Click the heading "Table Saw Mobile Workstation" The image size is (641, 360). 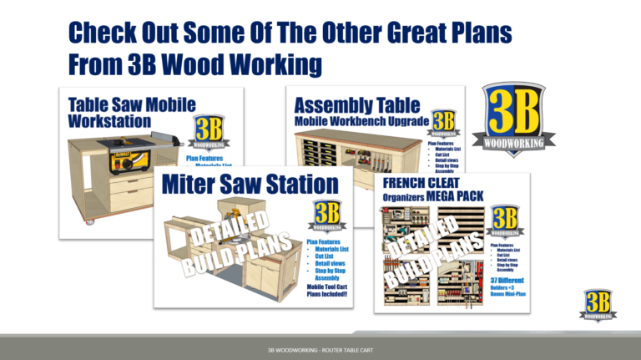132,112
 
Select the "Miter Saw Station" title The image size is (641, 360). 250,183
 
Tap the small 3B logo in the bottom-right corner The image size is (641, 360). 597,306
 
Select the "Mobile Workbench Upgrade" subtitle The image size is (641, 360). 361,122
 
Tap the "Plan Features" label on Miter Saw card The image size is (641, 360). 326,243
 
